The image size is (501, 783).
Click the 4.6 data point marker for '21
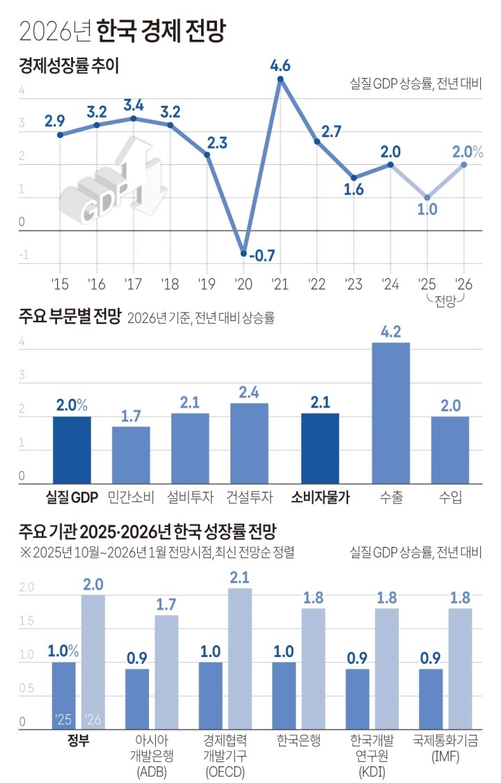tap(280, 79)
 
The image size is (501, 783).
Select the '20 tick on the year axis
tap(244, 283)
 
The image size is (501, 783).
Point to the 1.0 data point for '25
tap(427, 198)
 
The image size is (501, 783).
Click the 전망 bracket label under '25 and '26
tap(445, 301)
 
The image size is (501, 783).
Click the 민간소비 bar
tap(131, 455)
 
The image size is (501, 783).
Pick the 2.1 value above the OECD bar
tap(239, 577)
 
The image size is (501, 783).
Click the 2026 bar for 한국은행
tap(313, 668)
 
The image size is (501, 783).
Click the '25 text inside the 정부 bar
tap(63, 719)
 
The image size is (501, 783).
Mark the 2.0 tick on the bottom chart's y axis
tap(26, 587)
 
